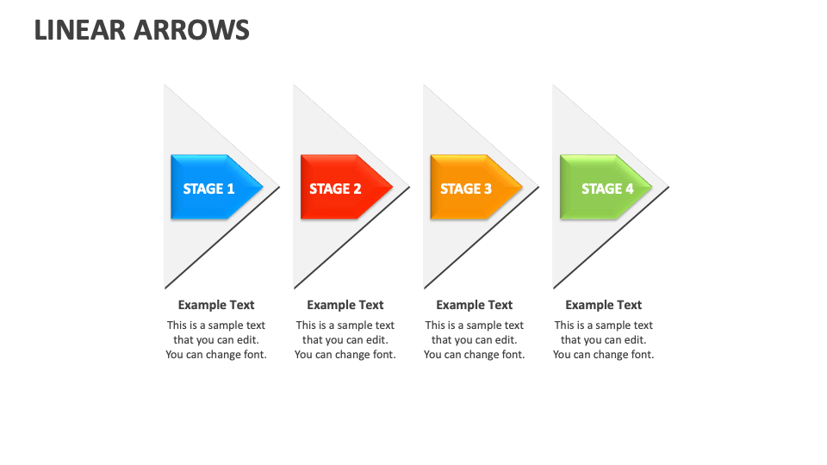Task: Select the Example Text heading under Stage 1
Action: [x=216, y=305]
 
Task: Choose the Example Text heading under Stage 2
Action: [x=345, y=305]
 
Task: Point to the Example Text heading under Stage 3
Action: [x=475, y=305]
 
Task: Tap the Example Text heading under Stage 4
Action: [x=604, y=305]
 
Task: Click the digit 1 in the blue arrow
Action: [x=231, y=189]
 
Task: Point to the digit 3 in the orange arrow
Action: [x=488, y=189]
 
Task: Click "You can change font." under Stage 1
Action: [x=216, y=355]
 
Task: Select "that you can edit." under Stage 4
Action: [x=604, y=340]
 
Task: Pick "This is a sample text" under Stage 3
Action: [x=475, y=325]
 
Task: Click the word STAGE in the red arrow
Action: [x=329, y=189]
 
